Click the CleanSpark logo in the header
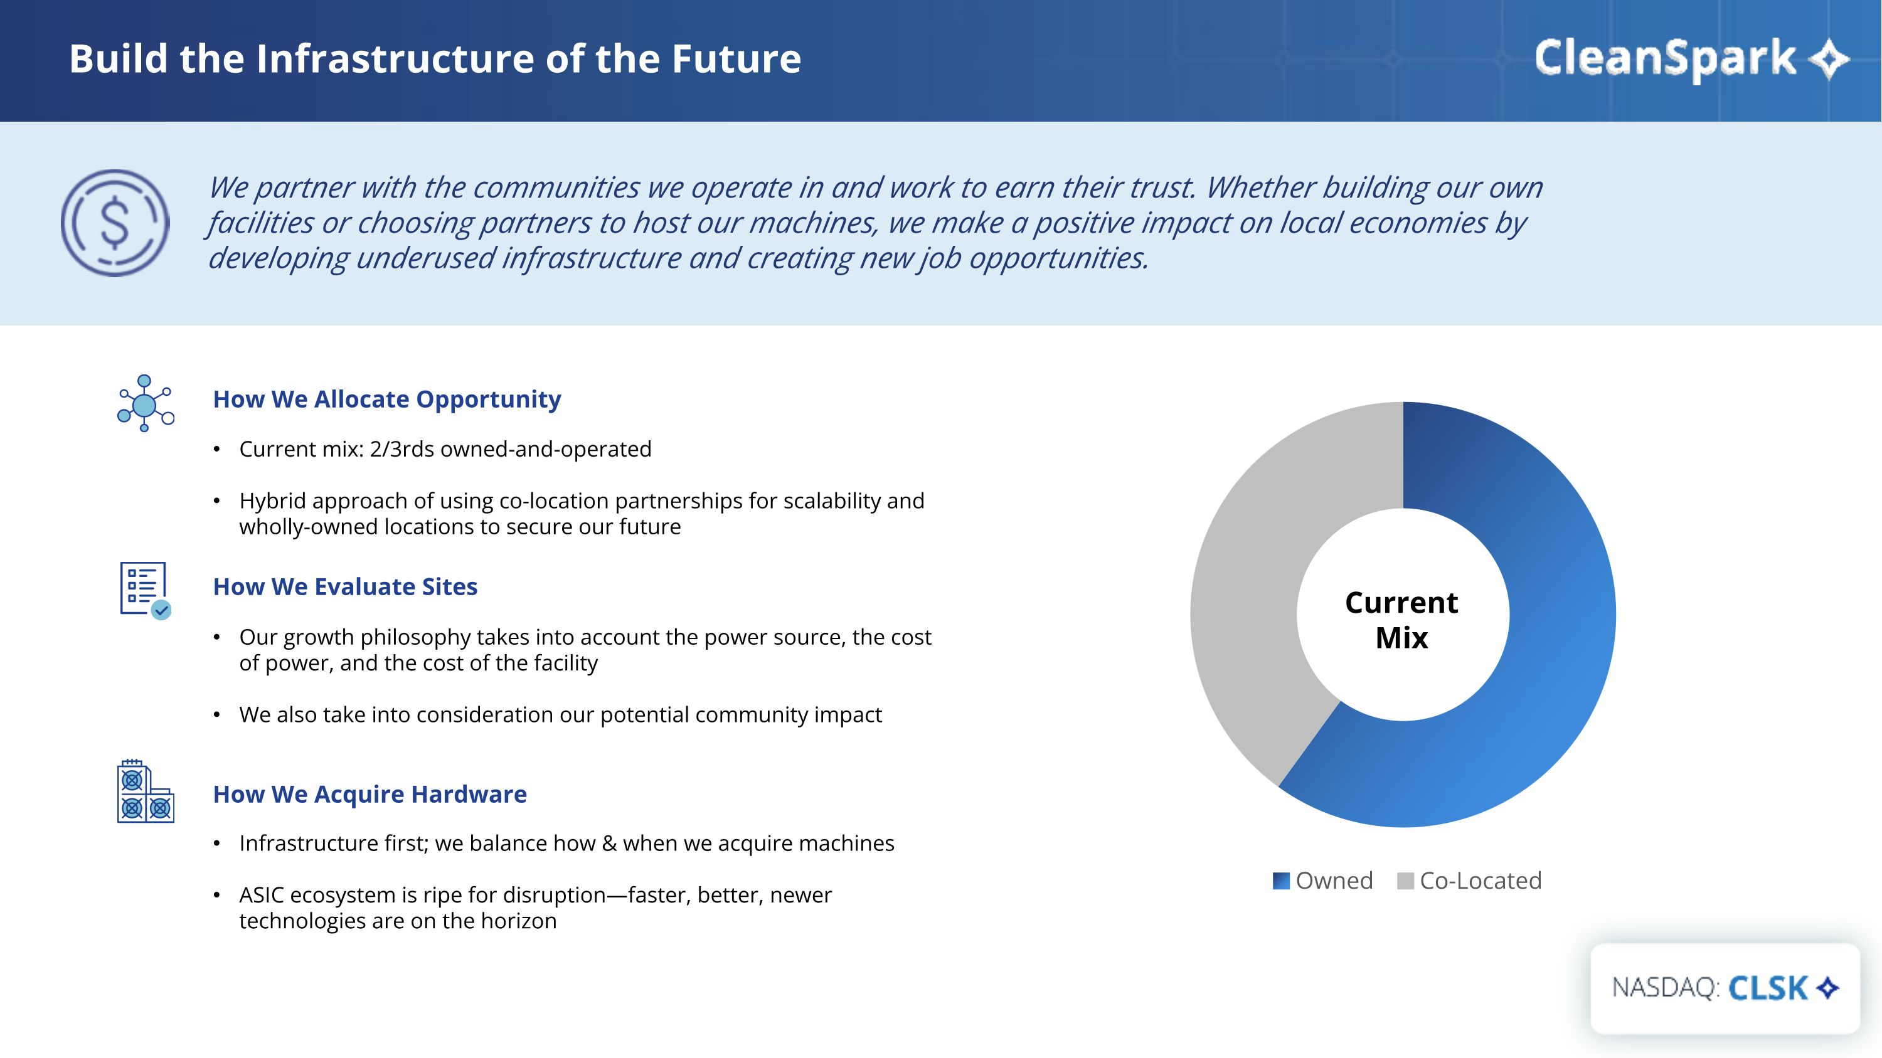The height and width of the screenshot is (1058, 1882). (x=1691, y=58)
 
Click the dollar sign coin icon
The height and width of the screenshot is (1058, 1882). (x=115, y=223)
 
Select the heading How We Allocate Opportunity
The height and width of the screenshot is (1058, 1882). (x=387, y=399)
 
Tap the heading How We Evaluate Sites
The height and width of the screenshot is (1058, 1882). (x=345, y=586)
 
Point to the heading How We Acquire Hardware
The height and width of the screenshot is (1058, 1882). (x=369, y=795)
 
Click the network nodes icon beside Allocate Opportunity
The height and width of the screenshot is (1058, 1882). (x=146, y=403)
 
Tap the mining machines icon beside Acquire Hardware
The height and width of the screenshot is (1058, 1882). (x=146, y=791)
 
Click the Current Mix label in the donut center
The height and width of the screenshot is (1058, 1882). (x=1402, y=620)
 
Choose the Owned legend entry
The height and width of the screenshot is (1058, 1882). (x=1323, y=881)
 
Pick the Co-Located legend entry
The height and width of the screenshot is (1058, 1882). (x=1469, y=881)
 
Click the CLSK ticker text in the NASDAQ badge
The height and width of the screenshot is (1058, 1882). (x=1768, y=988)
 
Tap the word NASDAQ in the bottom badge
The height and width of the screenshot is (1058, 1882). (x=1666, y=988)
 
